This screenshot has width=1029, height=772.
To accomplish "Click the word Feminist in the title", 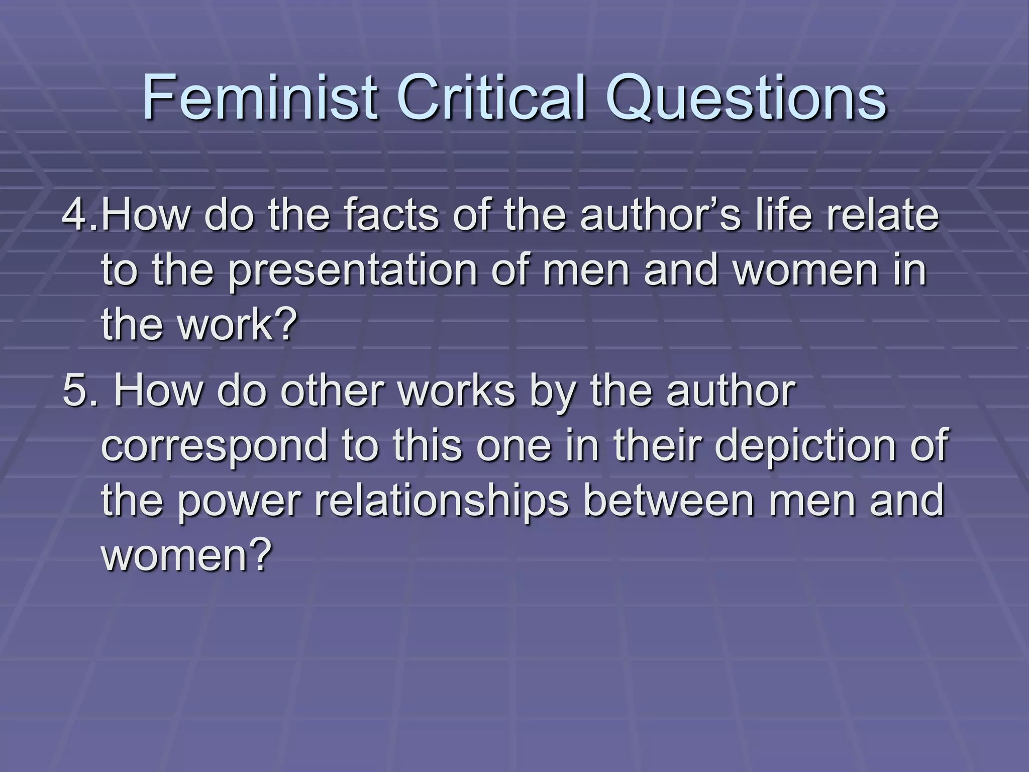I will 259,98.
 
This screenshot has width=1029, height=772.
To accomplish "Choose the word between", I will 669,501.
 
